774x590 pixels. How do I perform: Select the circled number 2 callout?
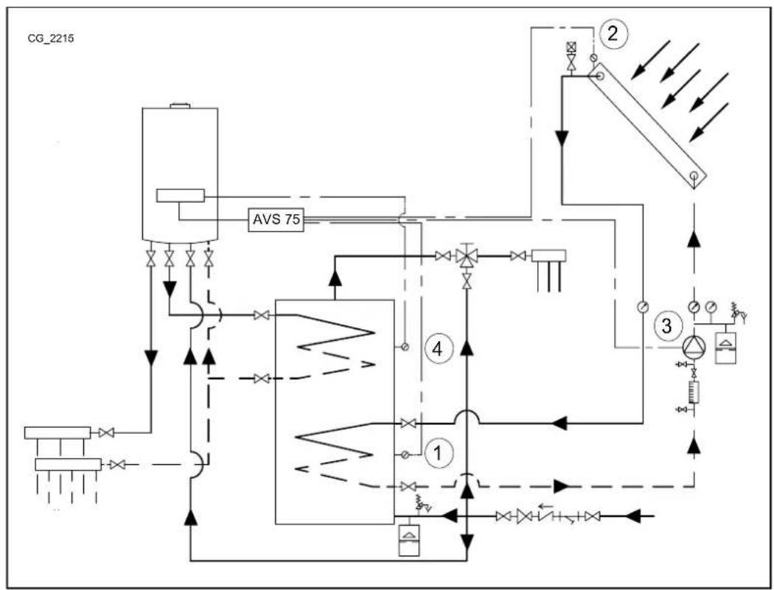613,33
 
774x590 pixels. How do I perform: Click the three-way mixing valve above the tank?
466,257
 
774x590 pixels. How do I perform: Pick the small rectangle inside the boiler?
180,196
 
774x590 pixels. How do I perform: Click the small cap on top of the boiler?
180,107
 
